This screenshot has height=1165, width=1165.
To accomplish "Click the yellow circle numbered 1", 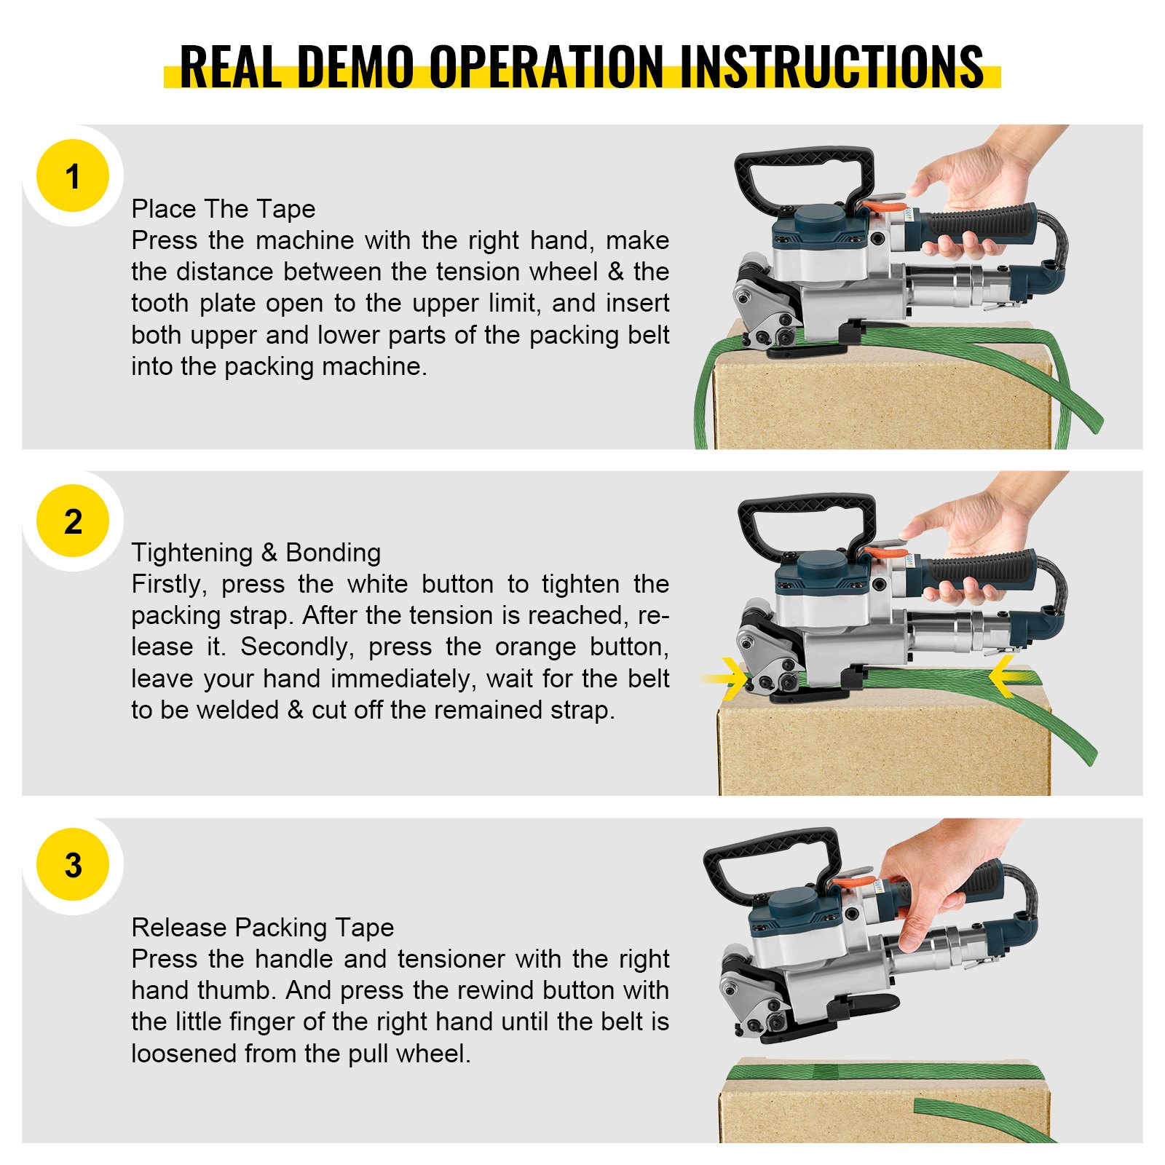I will click(72, 175).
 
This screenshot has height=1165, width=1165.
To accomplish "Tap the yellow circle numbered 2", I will click(72, 521).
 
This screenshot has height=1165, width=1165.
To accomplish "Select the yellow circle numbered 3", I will click(72, 864).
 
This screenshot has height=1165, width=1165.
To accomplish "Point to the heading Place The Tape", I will click(223, 209).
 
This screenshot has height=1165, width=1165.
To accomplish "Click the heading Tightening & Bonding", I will click(256, 553).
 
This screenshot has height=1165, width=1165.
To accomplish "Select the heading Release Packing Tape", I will click(262, 928).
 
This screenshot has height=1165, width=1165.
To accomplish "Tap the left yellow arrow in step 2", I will click(728, 678).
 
